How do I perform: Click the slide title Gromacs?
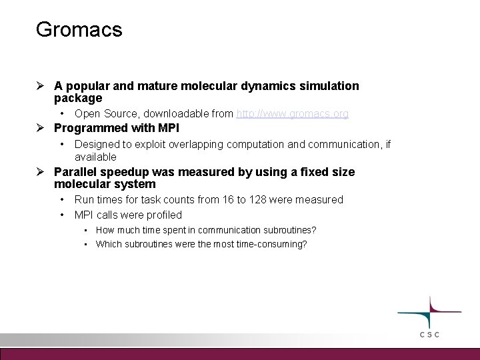coord(79,30)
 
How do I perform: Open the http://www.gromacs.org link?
coord(292,114)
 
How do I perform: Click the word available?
coord(95,157)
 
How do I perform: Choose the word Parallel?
coord(76,172)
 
